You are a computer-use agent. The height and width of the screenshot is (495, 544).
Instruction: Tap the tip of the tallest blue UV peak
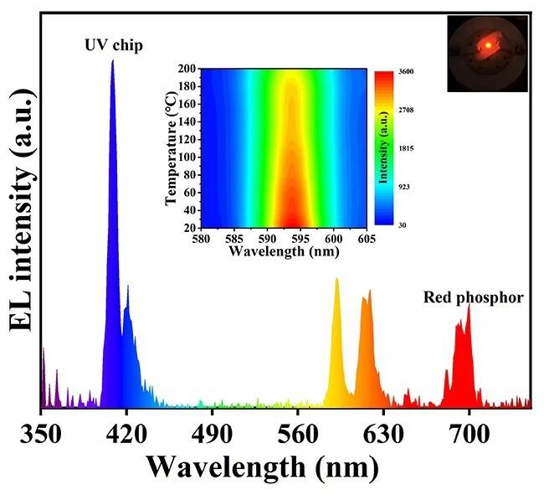[113, 61]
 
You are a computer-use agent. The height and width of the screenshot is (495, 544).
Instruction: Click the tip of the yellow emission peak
[336, 279]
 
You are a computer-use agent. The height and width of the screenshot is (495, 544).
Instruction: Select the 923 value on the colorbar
[403, 187]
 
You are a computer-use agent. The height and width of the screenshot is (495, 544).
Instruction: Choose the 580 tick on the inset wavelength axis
[202, 238]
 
